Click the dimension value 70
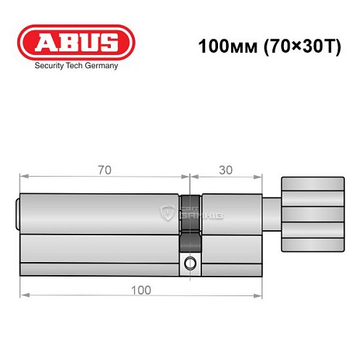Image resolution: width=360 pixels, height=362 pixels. coord(105,169)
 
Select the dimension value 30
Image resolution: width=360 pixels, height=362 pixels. coord(225,169)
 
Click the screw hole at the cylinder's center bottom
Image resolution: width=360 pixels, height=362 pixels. coord(190,262)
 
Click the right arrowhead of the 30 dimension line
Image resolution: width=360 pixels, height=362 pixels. coord(257,176)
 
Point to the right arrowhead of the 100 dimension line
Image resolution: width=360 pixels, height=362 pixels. coord(257,296)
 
